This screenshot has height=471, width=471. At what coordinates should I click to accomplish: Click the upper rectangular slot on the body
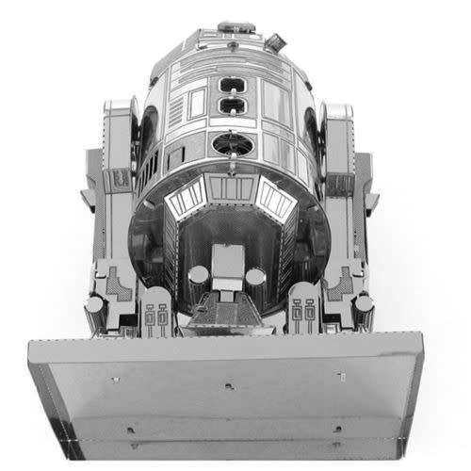[234, 86]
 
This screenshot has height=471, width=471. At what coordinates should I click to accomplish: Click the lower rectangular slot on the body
[234, 108]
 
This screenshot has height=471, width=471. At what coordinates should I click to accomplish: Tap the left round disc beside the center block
[199, 276]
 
